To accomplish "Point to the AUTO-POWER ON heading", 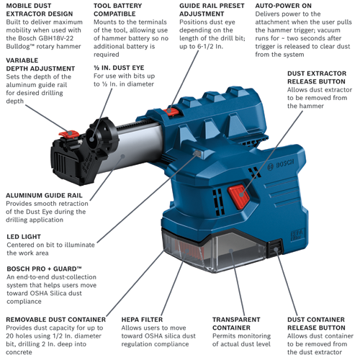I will (x=284, y=5).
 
